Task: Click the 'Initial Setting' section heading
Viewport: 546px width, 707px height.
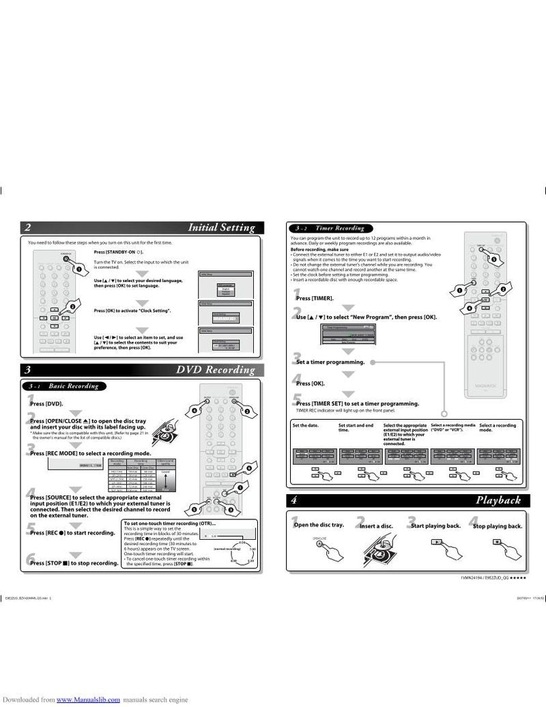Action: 221,228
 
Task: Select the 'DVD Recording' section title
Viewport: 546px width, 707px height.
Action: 215,371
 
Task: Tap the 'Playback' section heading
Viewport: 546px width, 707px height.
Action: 498,500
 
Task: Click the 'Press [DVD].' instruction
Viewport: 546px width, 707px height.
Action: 46,404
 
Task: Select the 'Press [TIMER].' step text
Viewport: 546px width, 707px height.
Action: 315,298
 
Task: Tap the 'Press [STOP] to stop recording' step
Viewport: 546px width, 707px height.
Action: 74,563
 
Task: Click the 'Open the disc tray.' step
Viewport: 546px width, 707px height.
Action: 318,525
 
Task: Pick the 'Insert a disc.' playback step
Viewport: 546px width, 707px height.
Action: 376,526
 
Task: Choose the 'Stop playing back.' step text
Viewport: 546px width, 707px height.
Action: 497,526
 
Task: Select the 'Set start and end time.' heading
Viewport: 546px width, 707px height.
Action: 356,428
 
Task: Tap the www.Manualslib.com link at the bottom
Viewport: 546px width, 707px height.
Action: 88,699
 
